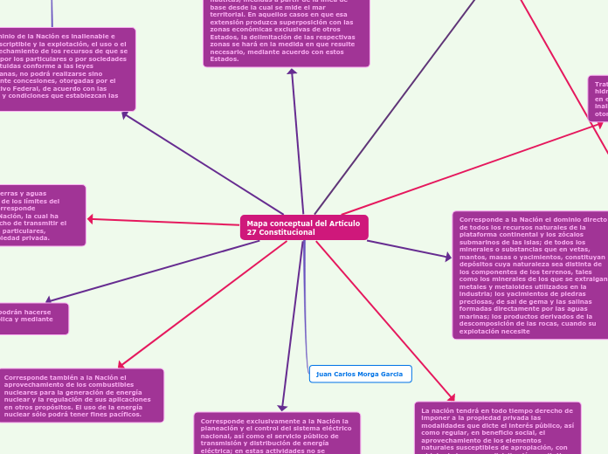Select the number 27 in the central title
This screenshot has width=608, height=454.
[252, 232]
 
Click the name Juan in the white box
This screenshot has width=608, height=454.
[324, 374]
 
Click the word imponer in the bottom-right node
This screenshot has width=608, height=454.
[434, 417]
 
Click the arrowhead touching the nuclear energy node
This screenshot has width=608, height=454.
[121, 365]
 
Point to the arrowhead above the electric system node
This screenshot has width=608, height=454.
[282, 407]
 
